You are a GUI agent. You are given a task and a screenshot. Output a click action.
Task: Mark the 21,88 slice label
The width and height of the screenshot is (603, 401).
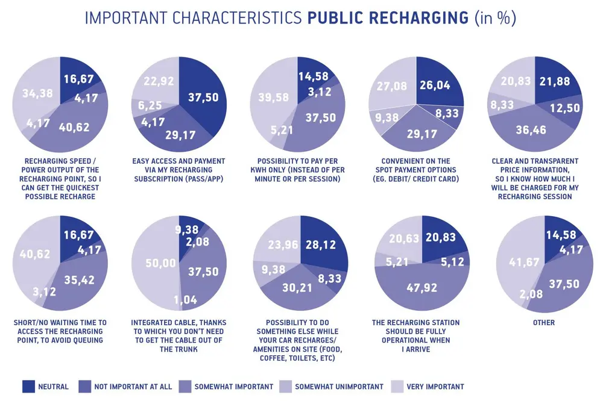pos(555,81)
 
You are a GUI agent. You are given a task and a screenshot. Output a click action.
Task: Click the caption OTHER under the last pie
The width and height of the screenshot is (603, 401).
pos(543,323)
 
